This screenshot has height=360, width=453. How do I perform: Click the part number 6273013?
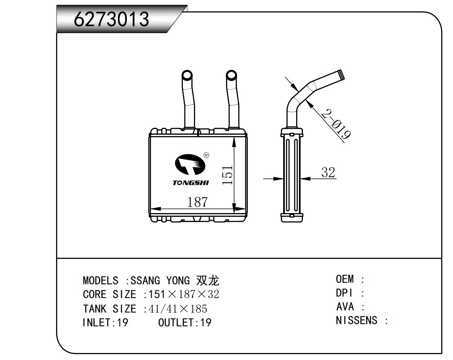pos(111,19)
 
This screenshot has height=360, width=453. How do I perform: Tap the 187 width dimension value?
pos(197,202)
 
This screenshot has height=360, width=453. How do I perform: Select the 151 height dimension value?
pos(227,175)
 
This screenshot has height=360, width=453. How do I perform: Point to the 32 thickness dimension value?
pos(328,172)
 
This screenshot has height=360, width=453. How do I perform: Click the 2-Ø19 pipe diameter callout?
pos(336,124)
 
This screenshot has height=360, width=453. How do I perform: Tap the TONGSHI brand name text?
pos(191,183)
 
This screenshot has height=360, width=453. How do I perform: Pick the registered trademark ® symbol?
pos(207,155)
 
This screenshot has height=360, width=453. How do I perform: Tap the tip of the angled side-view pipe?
pos(341,74)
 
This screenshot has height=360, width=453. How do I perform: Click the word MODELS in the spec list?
pos(100,280)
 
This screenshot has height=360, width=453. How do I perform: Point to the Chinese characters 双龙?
pos(208,280)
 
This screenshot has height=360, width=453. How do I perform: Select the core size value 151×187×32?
pos(184,295)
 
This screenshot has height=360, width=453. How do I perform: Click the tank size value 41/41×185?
pos(178,309)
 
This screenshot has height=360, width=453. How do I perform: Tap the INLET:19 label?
pos(105,322)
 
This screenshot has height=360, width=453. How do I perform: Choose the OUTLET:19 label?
pos(185,322)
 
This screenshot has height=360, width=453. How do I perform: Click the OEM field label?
pos(345,279)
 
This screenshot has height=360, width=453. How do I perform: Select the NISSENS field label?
pos(356,320)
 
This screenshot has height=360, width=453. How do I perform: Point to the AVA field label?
pos(345,307)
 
